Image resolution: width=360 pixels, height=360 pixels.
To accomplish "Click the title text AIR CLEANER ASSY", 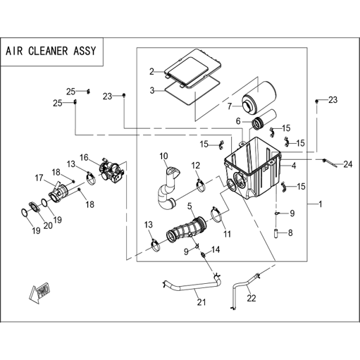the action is [51, 51].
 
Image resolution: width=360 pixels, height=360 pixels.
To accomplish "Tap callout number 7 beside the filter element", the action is [230, 106].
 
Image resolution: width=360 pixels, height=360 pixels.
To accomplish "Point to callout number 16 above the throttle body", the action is [84, 157].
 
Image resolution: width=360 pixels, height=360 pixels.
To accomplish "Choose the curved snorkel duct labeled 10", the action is [167, 188].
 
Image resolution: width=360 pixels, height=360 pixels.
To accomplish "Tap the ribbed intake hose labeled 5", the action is [186, 230].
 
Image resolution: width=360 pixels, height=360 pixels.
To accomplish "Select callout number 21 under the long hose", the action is [201, 302].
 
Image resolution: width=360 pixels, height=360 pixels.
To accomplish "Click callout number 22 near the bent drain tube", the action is [252, 298].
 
